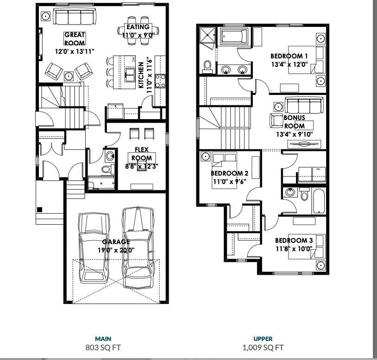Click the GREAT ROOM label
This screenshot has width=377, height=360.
click(x=75, y=38)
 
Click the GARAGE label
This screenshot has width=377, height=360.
click(x=116, y=242)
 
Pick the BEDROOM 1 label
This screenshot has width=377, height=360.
click(x=289, y=57)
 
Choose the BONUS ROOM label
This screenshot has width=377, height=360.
click(x=294, y=122)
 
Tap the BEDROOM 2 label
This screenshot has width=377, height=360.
click(x=229, y=173)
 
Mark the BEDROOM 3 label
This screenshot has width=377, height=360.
click(x=294, y=240)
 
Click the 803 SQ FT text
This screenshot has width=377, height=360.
click(x=103, y=347)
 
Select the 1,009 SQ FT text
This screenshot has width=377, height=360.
click(x=263, y=347)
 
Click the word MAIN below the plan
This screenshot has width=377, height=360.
click(x=103, y=339)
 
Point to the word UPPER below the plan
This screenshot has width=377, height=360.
click(x=263, y=339)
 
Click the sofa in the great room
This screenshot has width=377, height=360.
click(x=74, y=17)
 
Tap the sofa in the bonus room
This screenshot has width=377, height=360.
click(x=304, y=106)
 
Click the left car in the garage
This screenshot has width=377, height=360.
click(x=94, y=248)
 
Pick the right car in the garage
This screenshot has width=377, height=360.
click(x=138, y=243)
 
